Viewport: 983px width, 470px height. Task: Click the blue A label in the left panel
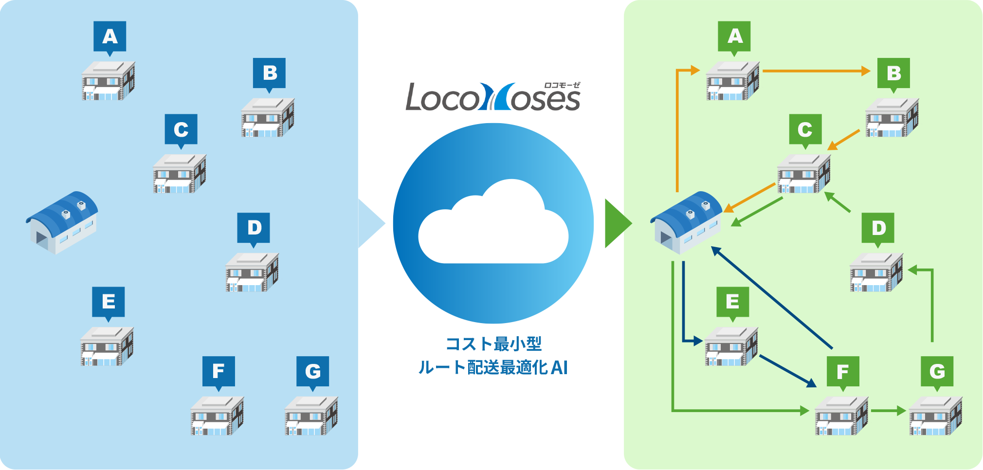click(x=110, y=36)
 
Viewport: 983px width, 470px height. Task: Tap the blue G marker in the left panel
click(x=312, y=371)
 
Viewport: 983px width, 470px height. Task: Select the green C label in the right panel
click(x=805, y=129)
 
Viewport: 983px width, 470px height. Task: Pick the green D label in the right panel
click(x=878, y=228)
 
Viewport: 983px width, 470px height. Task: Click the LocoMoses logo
click(x=493, y=97)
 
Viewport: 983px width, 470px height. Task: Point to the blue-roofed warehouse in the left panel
click(x=62, y=222)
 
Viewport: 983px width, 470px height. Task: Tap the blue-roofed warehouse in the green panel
click(x=686, y=222)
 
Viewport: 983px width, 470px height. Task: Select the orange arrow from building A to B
click(x=817, y=71)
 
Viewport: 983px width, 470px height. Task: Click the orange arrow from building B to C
click(x=844, y=140)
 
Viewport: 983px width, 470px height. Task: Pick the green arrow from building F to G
click(x=888, y=411)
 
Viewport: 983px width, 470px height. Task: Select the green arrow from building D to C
click(x=837, y=202)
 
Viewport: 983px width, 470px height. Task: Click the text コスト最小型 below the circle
click(x=493, y=344)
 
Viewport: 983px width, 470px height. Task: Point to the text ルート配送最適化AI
click(x=493, y=367)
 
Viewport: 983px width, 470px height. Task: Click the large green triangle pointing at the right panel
click(x=617, y=223)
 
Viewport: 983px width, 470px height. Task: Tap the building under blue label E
click(x=107, y=346)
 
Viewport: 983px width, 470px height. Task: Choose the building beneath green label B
click(x=892, y=118)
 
